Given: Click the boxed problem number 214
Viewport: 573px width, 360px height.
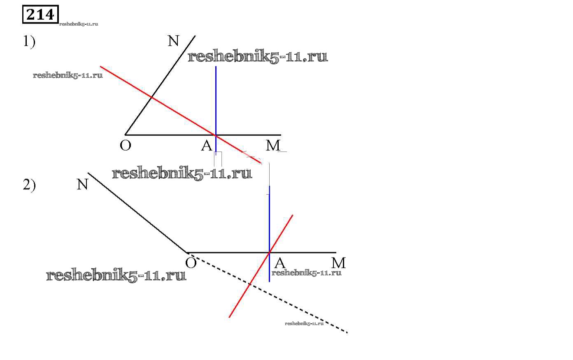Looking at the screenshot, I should pyautogui.click(x=40, y=14).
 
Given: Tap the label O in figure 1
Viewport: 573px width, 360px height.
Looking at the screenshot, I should pyautogui.click(x=126, y=145).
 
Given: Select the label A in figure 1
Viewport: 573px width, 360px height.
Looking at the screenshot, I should pyautogui.click(x=207, y=145).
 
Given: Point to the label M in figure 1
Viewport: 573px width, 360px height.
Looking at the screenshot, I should pyautogui.click(x=273, y=145).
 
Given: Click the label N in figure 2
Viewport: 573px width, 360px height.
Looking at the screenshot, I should pyautogui.click(x=83, y=185).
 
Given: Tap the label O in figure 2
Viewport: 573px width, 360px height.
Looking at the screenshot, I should pyautogui.click(x=191, y=262).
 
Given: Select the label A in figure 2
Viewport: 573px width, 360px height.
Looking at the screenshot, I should pyautogui.click(x=280, y=263).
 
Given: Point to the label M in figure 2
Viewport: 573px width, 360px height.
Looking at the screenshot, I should pyautogui.click(x=338, y=263).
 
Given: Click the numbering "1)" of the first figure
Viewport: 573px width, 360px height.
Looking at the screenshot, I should pyautogui.click(x=29, y=42).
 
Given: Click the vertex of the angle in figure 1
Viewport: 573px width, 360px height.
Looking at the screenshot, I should pyautogui.click(x=126, y=135).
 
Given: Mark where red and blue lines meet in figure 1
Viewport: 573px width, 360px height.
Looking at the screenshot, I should pyautogui.click(x=216, y=135).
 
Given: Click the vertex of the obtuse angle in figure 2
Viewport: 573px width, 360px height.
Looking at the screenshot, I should pyautogui.click(x=187, y=252).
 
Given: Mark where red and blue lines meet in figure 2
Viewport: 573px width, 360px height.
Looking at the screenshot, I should pyautogui.click(x=270, y=252).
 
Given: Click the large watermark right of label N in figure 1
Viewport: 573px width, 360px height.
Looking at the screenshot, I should pyautogui.click(x=258, y=56).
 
